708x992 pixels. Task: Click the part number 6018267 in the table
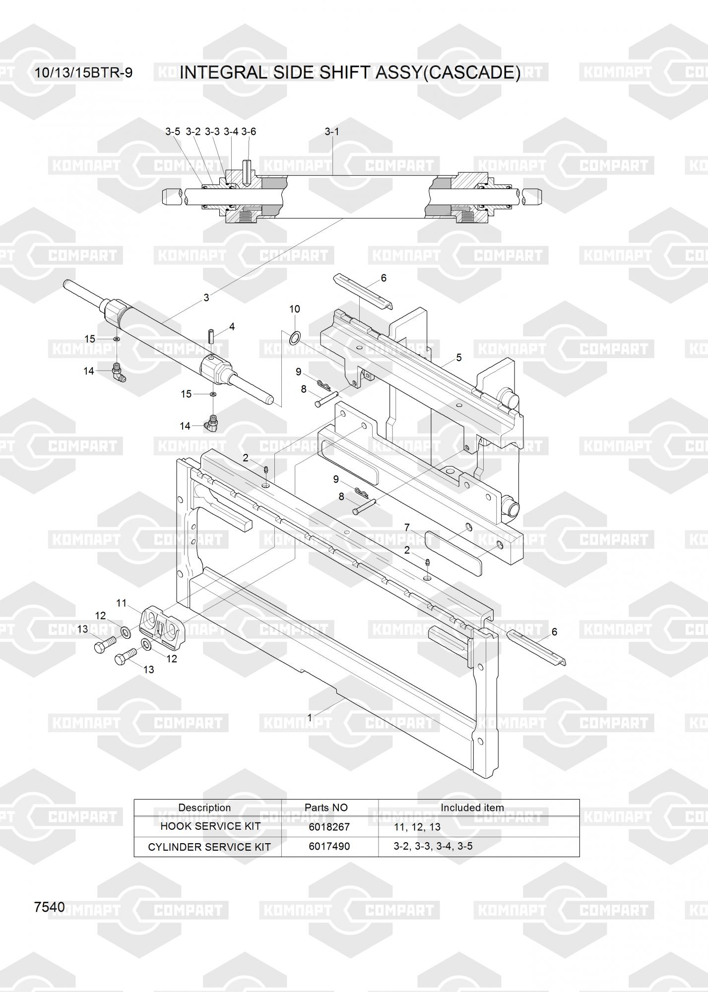tap(329, 827)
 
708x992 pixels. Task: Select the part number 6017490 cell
tap(329, 846)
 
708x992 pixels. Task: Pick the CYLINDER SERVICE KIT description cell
tap(209, 847)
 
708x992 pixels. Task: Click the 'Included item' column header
tap(472, 807)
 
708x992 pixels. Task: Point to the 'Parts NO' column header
tap(326, 807)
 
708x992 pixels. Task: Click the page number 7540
tap(50, 907)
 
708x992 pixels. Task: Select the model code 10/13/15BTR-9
tap(83, 73)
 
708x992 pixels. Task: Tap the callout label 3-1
tap(332, 131)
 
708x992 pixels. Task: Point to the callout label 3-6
tap(249, 131)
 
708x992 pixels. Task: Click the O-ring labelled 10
tap(294, 338)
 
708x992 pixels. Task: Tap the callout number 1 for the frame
tap(310, 717)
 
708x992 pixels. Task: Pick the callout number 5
tap(459, 358)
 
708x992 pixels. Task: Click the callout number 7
tap(407, 527)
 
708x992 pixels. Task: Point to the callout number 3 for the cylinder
tap(206, 298)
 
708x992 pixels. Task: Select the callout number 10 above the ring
tap(294, 309)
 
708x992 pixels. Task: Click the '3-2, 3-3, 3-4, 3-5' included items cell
tap(433, 846)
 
